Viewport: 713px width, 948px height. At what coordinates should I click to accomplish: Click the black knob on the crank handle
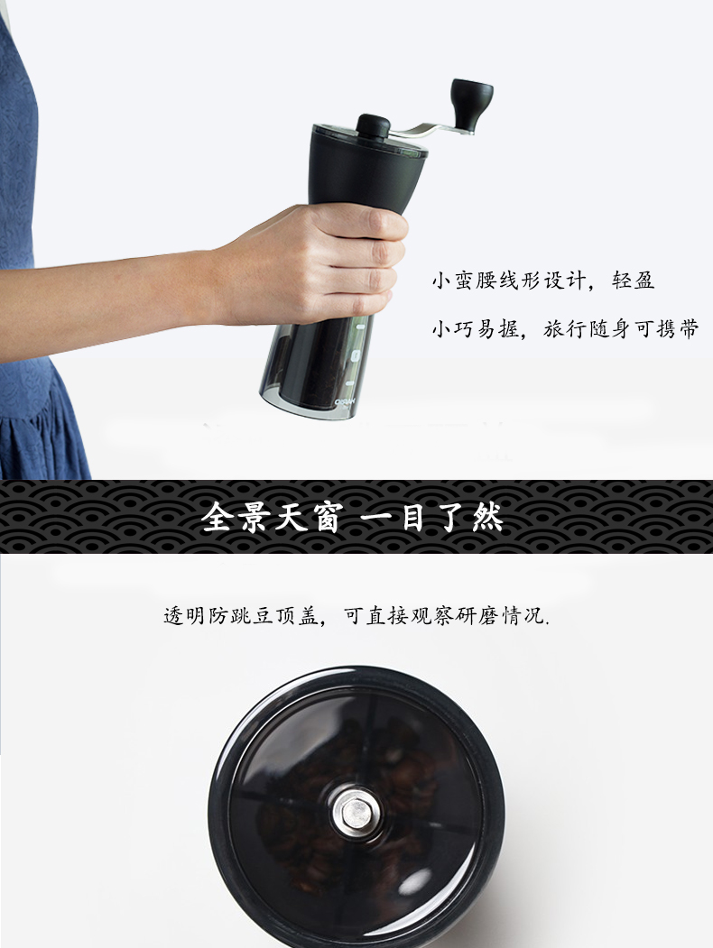(x=471, y=104)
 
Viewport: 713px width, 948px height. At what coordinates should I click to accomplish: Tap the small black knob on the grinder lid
(x=373, y=126)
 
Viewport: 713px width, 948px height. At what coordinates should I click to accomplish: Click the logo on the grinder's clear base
(x=346, y=400)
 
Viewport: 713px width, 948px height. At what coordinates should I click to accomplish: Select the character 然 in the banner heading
(x=486, y=518)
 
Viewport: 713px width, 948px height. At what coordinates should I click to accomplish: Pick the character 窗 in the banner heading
(x=327, y=518)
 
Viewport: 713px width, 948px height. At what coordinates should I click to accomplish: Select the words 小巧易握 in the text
(x=476, y=329)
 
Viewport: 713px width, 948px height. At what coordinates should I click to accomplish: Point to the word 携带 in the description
(x=678, y=329)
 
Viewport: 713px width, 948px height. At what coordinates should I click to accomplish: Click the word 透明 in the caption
(x=185, y=615)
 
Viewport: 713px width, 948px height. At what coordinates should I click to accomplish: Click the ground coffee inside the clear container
(x=318, y=366)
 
